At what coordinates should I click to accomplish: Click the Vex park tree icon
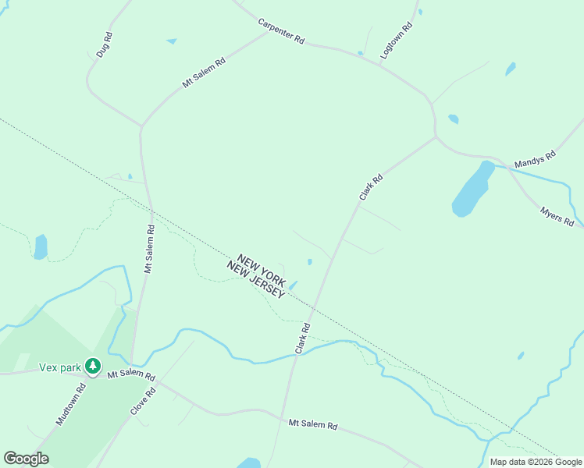[x=93, y=366]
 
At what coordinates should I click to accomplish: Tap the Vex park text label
[x=61, y=366]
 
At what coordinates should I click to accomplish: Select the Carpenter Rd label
[x=281, y=31]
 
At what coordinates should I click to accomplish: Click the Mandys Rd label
[x=535, y=159]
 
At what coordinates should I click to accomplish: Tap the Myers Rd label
[x=557, y=216]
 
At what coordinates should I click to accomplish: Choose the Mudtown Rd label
[x=70, y=404]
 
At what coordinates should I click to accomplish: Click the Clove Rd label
[x=144, y=401]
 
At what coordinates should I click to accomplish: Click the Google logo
[x=26, y=459]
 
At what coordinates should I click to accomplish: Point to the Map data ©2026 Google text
[x=536, y=462]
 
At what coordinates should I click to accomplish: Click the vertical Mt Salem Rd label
[x=148, y=249]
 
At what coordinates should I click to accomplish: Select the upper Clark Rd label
[x=371, y=187]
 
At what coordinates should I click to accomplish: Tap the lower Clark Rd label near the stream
[x=303, y=338]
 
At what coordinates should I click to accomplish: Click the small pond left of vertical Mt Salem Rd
[x=41, y=246]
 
